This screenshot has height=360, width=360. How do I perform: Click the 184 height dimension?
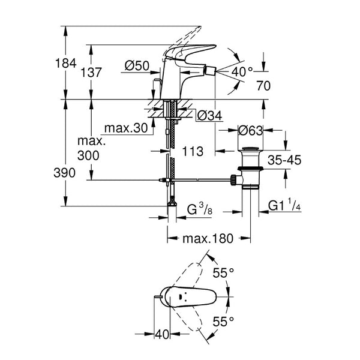(x=65, y=63)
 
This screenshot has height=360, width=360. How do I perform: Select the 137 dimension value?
(x=91, y=73)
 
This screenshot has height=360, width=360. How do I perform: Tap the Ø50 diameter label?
(x=137, y=66)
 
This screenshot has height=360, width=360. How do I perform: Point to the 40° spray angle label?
(x=242, y=72)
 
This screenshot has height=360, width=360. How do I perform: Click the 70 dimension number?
(x=263, y=86)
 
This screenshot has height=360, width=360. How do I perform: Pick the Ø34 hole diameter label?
(x=209, y=115)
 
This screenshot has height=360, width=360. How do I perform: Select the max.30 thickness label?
(x=126, y=128)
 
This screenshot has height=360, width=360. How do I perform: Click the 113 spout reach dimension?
(x=193, y=152)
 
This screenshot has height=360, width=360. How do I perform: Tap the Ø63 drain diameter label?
(x=250, y=131)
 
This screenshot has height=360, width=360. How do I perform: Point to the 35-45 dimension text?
(x=284, y=160)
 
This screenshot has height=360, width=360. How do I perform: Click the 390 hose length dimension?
(x=65, y=173)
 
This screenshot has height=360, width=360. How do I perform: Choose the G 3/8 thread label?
(x=200, y=209)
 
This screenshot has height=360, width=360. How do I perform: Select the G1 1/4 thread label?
(x=284, y=205)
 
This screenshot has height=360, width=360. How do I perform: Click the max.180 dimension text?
(x=208, y=239)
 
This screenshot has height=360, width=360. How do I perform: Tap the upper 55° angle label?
(x=223, y=273)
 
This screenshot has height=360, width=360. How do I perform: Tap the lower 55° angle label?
(x=223, y=322)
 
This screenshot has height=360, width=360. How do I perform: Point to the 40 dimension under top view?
(x=162, y=334)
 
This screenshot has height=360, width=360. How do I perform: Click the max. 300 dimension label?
(x=91, y=148)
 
